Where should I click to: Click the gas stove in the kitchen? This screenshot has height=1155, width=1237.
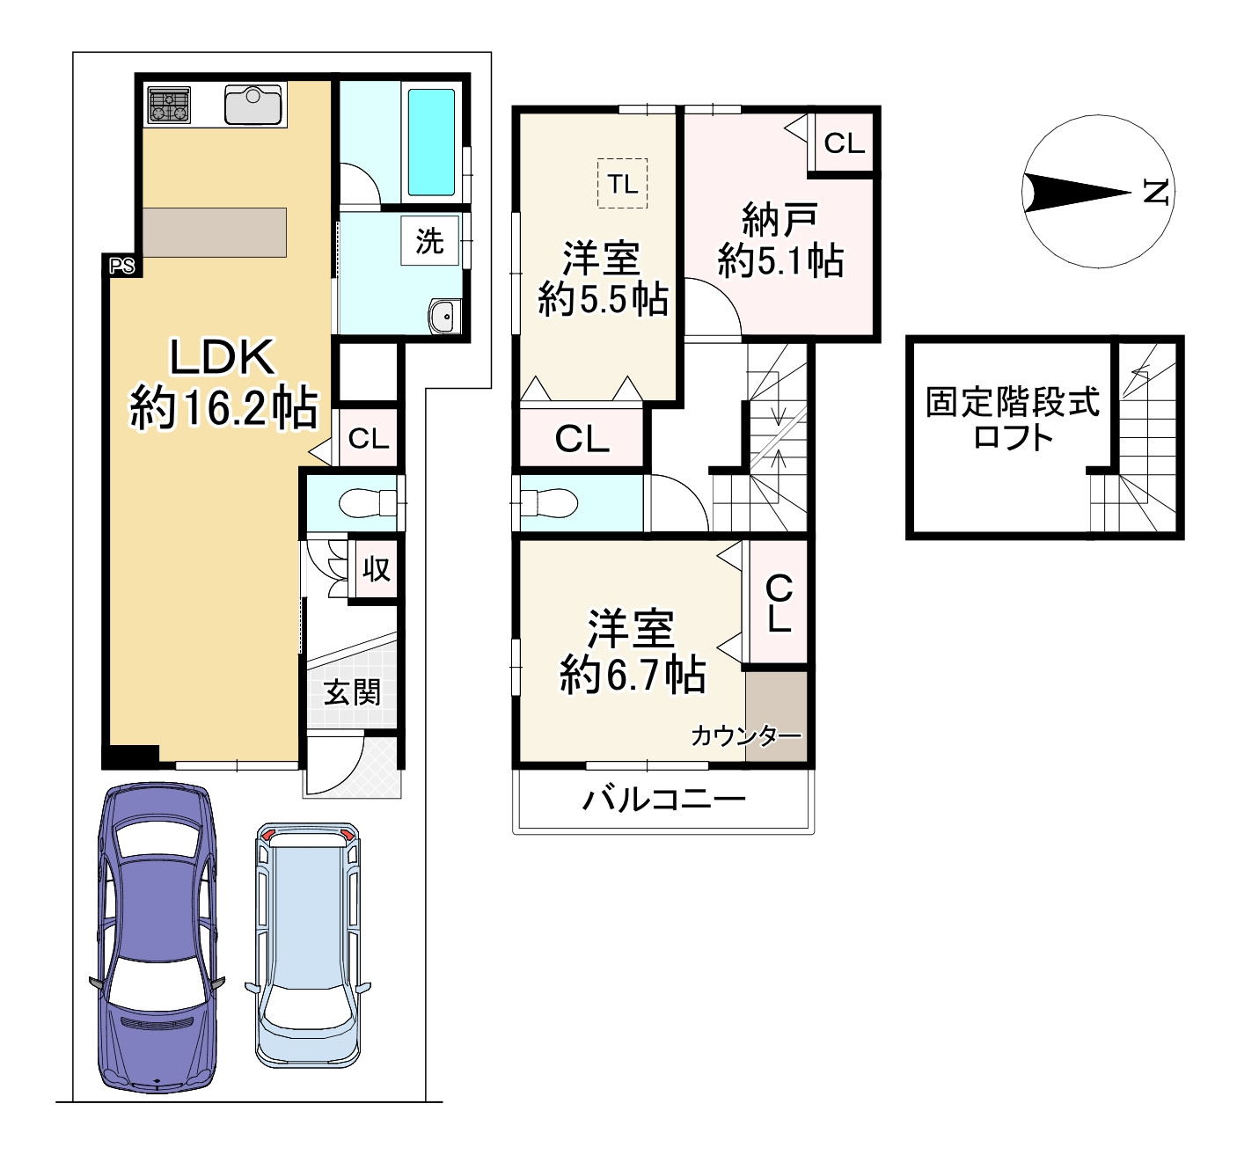coord(169,106)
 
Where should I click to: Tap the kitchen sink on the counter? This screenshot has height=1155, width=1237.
coord(255,106)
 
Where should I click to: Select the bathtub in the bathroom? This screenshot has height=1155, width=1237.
coord(431,143)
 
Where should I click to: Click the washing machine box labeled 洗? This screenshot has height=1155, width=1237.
coord(429,241)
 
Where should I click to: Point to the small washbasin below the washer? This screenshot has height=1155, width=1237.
coord(444,317)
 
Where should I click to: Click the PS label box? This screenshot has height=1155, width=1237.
coord(122,266)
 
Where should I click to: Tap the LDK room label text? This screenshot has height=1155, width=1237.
coord(223,384)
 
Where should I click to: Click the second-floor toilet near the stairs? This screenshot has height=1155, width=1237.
coord(549,502)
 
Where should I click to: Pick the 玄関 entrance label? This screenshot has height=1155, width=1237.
coord(352,691)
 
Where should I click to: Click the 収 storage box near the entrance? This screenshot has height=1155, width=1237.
coord(377,569)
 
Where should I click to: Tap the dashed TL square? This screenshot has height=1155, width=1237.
coord(622,184)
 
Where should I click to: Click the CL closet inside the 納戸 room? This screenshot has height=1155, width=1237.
coord(844,143)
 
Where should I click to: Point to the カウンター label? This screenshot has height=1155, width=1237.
coord(745,736)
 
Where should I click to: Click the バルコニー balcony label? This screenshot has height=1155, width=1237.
coord(663,800)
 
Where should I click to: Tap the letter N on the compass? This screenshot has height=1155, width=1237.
coord(1157,192)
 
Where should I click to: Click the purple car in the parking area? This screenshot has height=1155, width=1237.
coord(159,939)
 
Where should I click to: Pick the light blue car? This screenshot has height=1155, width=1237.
coord(308,945)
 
